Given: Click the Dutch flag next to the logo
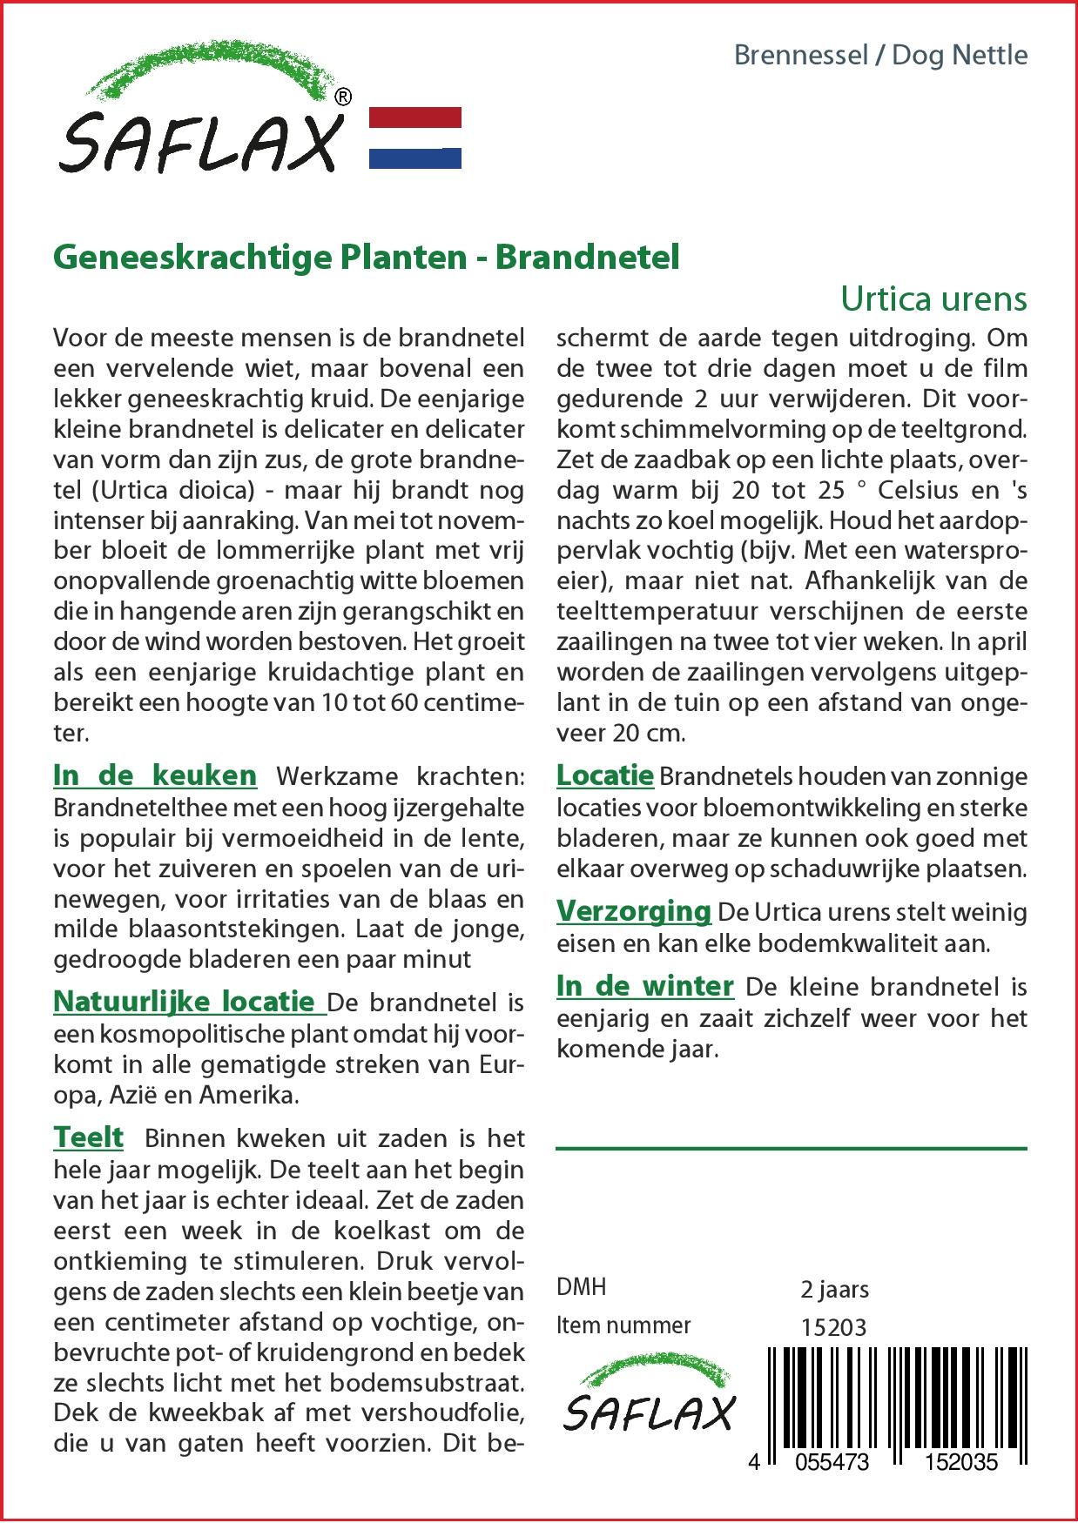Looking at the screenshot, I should [415, 138].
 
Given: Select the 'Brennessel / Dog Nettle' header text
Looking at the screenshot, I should [880, 55].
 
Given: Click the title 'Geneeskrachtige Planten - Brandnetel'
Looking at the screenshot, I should [366, 258].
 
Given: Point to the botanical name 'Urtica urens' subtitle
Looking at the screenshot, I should [933, 299].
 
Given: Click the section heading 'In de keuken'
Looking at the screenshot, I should [155, 775].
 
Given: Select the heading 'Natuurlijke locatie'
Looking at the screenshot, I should [184, 1001].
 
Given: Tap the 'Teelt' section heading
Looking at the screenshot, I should [88, 1137].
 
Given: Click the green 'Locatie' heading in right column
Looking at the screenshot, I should [604, 775].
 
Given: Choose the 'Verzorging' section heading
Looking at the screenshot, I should [634, 911].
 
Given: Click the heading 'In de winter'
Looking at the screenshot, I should [644, 986].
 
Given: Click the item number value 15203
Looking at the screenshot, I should [833, 1326].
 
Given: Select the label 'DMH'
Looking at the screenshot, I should [581, 1287].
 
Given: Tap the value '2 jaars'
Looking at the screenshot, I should [834, 1288].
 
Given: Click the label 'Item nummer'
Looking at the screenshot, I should [623, 1325].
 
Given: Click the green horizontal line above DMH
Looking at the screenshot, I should [791, 1149].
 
